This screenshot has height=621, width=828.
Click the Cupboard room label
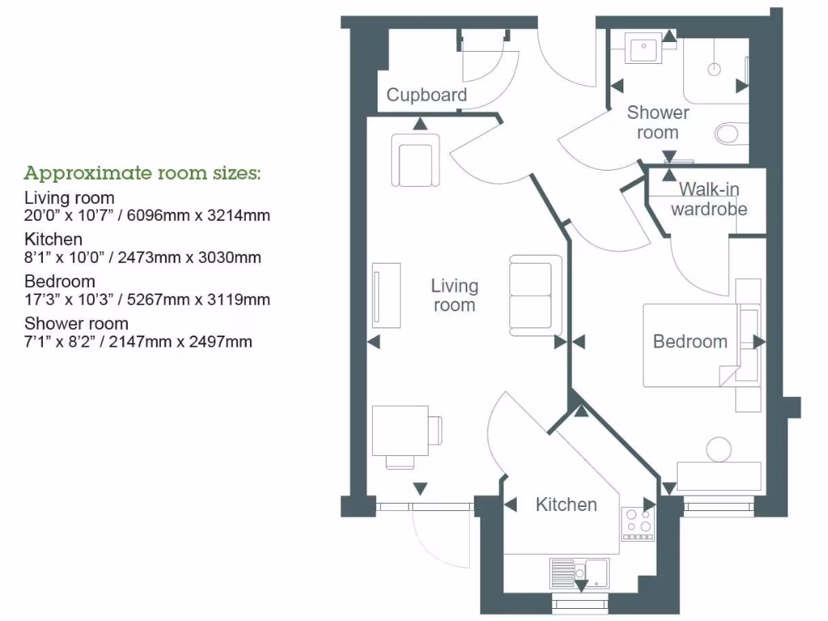pyautogui.click(x=426, y=95)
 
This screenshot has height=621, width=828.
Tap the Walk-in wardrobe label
pyautogui.click(x=709, y=199)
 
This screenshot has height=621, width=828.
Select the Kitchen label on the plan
pyautogui.click(x=566, y=505)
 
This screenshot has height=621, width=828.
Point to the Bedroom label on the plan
pyautogui.click(x=690, y=341)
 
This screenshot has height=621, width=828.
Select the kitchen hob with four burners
pyautogui.click(x=637, y=522)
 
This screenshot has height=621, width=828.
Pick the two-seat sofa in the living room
pyautogui.click(x=535, y=294)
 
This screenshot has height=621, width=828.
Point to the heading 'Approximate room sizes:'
pyautogui.click(x=142, y=173)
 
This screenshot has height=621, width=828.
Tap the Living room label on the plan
pyautogui.click(x=454, y=295)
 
